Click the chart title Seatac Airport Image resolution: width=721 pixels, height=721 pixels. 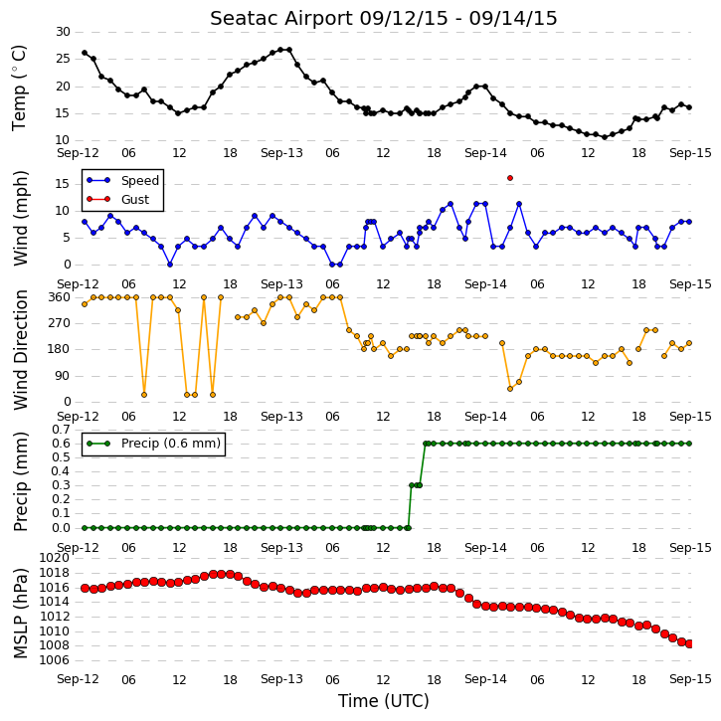(281, 19)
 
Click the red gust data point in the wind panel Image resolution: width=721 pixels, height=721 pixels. (510, 178)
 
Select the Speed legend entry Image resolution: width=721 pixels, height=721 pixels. (122, 180)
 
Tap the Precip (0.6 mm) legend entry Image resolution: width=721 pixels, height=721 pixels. (153, 444)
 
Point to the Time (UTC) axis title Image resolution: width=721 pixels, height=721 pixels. (384, 701)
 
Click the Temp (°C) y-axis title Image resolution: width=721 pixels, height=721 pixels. (19, 88)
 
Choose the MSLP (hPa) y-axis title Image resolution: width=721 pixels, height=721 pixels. (20, 613)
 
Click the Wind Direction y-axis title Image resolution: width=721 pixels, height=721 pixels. (20, 350)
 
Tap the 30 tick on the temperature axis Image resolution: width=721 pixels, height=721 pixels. (63, 32)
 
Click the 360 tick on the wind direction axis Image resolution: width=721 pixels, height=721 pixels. (60, 297)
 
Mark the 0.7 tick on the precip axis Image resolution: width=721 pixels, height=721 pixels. (61, 430)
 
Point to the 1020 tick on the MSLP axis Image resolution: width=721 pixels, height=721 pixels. (55, 558)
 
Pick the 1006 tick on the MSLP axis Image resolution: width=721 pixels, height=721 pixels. (55, 660)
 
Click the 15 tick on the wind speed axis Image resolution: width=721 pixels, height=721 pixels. (63, 184)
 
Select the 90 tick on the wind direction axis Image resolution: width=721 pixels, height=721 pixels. (63, 376)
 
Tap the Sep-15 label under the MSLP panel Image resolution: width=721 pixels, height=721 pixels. (690, 679)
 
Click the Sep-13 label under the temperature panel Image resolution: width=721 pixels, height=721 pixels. (281, 153)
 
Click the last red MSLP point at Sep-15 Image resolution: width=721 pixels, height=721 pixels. (689, 643)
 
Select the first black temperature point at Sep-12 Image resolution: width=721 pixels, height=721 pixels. (85, 53)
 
